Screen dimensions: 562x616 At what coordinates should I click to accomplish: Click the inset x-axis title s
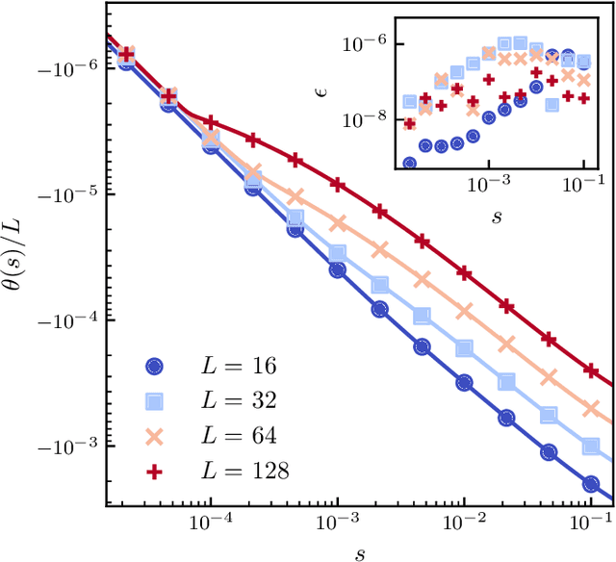tap(497, 214)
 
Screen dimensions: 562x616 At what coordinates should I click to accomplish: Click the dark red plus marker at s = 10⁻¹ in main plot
tap(592, 370)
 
